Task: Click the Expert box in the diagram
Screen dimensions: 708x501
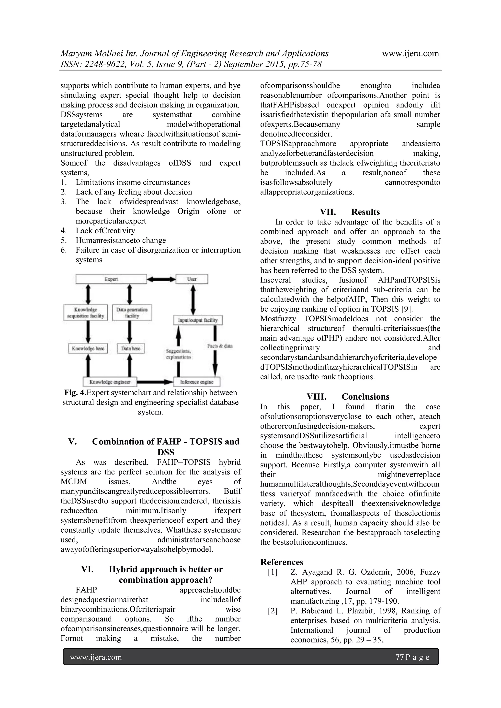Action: pyautogui.click(x=111, y=279)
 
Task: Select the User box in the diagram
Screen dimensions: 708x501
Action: pyautogui.click(x=192, y=279)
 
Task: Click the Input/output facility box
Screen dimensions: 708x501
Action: pyautogui.click(x=198, y=320)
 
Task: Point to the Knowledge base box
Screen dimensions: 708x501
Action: pyautogui.click(x=88, y=348)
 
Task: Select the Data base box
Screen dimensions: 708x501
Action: pyautogui.click(x=131, y=348)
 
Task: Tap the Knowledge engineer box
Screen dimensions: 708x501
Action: pyautogui.click(x=110, y=382)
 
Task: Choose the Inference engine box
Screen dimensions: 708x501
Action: pyautogui.click(x=197, y=382)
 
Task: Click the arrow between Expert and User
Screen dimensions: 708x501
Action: pyautogui.click(x=161, y=279)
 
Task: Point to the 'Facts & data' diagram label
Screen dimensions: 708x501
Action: pyautogui.click(x=220, y=346)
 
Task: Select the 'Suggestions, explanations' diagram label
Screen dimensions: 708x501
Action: pyautogui.click(x=178, y=354)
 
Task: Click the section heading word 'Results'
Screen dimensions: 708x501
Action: pyautogui.click(x=365, y=212)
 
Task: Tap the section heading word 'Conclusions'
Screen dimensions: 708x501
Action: pyautogui.click(x=365, y=397)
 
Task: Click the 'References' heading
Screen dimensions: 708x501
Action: pyautogui.click(x=282, y=562)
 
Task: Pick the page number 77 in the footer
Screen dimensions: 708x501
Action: pyautogui.click(x=399, y=657)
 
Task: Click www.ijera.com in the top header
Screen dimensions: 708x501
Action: pyautogui.click(x=410, y=54)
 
